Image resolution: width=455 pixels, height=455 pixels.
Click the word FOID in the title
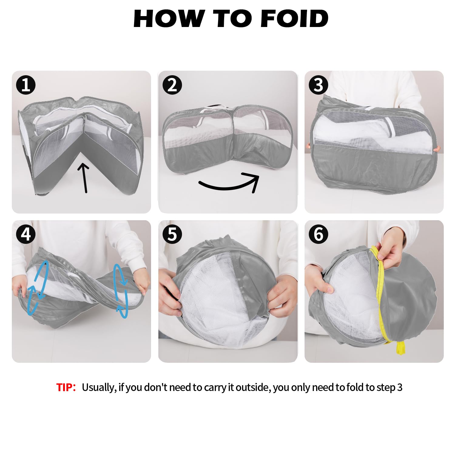pyautogui.click(x=294, y=19)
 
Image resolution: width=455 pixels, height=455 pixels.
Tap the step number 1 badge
pyautogui.click(x=26, y=85)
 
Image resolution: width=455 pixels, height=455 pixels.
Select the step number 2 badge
pyautogui.click(x=172, y=85)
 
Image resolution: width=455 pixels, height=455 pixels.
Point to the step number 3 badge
pyautogui.click(x=318, y=85)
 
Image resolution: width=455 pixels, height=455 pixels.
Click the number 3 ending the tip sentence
pyautogui.click(x=399, y=387)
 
